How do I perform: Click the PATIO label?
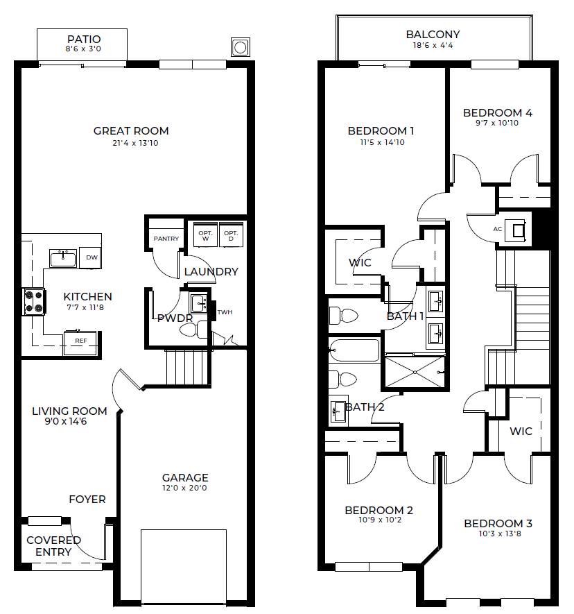coord(84,39)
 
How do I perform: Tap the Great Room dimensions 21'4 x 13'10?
coord(135,143)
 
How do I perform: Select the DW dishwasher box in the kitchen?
coord(91,257)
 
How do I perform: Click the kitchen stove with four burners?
coord(34,302)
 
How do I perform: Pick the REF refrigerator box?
coord(80,343)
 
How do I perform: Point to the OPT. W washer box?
coord(205,235)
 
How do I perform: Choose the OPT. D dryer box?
coord(231,235)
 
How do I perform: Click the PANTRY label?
coord(166,239)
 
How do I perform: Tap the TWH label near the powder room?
coord(225,312)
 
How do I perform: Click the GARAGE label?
coord(185,478)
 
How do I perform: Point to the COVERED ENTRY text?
coord(53,546)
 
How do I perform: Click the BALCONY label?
coord(433,35)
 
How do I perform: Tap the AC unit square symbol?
coord(518,231)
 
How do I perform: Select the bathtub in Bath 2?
coord(354,350)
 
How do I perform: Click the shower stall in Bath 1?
coord(415,372)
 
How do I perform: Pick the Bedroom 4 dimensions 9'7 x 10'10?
coord(497,123)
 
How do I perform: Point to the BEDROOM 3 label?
coord(498,524)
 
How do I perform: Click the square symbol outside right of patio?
coord(241,47)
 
